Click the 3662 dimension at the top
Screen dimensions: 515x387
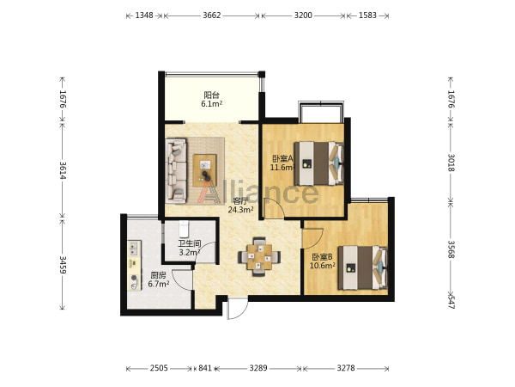coord(211,15)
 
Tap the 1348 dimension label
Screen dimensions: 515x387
coord(144,15)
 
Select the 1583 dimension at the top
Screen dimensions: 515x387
coord(367,15)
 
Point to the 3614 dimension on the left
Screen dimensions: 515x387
coord(63,170)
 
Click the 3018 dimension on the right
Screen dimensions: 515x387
coord(451,163)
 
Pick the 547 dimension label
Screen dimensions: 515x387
coord(451,302)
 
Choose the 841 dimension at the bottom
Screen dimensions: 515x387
coord(205,368)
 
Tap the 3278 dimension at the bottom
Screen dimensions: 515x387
coord(346,368)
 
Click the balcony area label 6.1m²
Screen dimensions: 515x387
coord(211,104)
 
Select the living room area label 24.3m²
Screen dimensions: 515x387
coord(240,210)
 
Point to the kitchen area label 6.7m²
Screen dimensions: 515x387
coord(158,284)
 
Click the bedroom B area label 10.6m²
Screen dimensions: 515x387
coord(323,265)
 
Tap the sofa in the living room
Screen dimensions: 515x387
coord(176,170)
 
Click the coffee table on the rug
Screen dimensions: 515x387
coord(204,170)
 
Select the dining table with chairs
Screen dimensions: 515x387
coord(259,256)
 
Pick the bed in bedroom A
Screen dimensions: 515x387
coord(318,163)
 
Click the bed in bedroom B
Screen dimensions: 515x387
coord(363,267)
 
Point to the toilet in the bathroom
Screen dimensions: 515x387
coord(184,229)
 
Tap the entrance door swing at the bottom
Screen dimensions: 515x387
coord(237,309)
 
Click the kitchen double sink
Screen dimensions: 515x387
coord(135,249)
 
